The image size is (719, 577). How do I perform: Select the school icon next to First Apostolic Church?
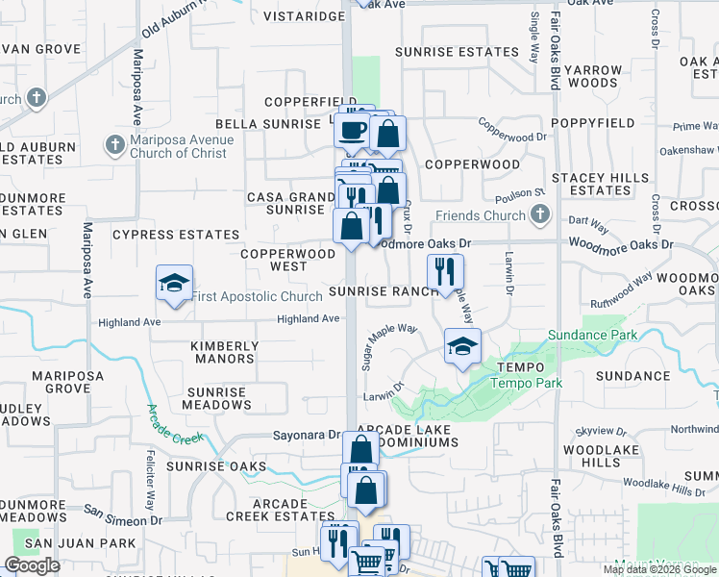pos(174,283)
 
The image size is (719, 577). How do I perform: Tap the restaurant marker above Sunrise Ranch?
pos(444,271)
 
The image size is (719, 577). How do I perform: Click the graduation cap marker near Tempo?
pos(462,345)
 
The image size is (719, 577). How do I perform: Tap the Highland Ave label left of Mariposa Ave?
pos(129,322)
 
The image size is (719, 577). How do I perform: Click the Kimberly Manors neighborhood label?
pos(224,353)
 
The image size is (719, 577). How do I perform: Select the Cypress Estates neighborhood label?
pos(176,235)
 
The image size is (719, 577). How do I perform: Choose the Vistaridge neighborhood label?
pos(304,17)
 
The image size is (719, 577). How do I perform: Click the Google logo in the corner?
pos(32,565)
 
